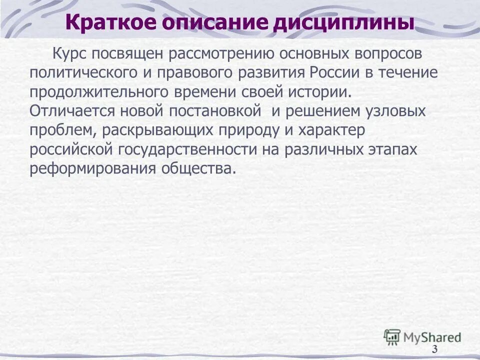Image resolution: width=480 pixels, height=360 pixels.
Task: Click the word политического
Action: (x=82, y=72)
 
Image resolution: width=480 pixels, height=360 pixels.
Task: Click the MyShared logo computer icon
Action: (x=392, y=336)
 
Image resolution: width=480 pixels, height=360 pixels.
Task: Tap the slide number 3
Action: (x=434, y=349)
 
